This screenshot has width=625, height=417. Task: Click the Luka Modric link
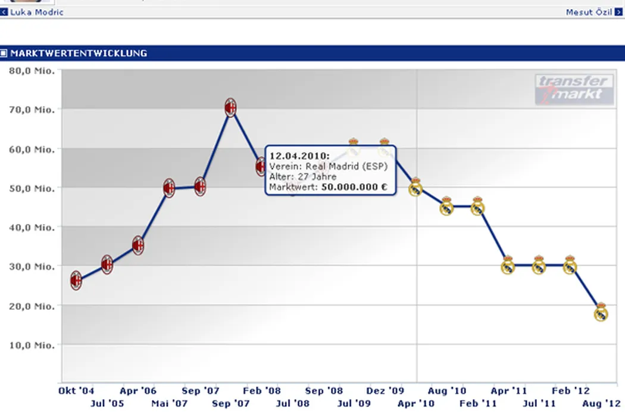click(x=37, y=12)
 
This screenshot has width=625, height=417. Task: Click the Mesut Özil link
click(x=589, y=12)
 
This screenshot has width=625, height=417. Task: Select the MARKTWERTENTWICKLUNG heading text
click(x=79, y=53)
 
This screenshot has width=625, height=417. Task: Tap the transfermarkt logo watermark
click(x=574, y=89)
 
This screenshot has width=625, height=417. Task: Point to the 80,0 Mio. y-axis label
click(x=32, y=70)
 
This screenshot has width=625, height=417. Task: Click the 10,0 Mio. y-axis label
click(x=32, y=345)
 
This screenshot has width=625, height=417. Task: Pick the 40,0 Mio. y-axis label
click(x=32, y=227)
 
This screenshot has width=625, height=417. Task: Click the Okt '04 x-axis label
click(x=76, y=391)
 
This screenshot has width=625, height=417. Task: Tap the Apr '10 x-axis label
click(x=416, y=404)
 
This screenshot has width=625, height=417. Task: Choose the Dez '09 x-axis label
click(x=386, y=391)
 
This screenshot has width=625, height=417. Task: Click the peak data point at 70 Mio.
click(x=231, y=108)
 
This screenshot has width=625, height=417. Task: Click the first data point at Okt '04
click(x=76, y=280)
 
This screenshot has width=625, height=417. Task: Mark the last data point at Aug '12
click(x=601, y=313)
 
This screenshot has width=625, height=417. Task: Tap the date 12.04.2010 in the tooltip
click(x=295, y=156)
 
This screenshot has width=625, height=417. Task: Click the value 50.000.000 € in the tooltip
click(x=354, y=186)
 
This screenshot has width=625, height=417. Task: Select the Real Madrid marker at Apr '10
click(x=416, y=188)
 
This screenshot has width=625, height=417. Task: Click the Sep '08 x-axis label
click(x=324, y=391)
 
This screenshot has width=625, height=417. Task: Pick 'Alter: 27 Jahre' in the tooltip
click(x=302, y=177)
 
